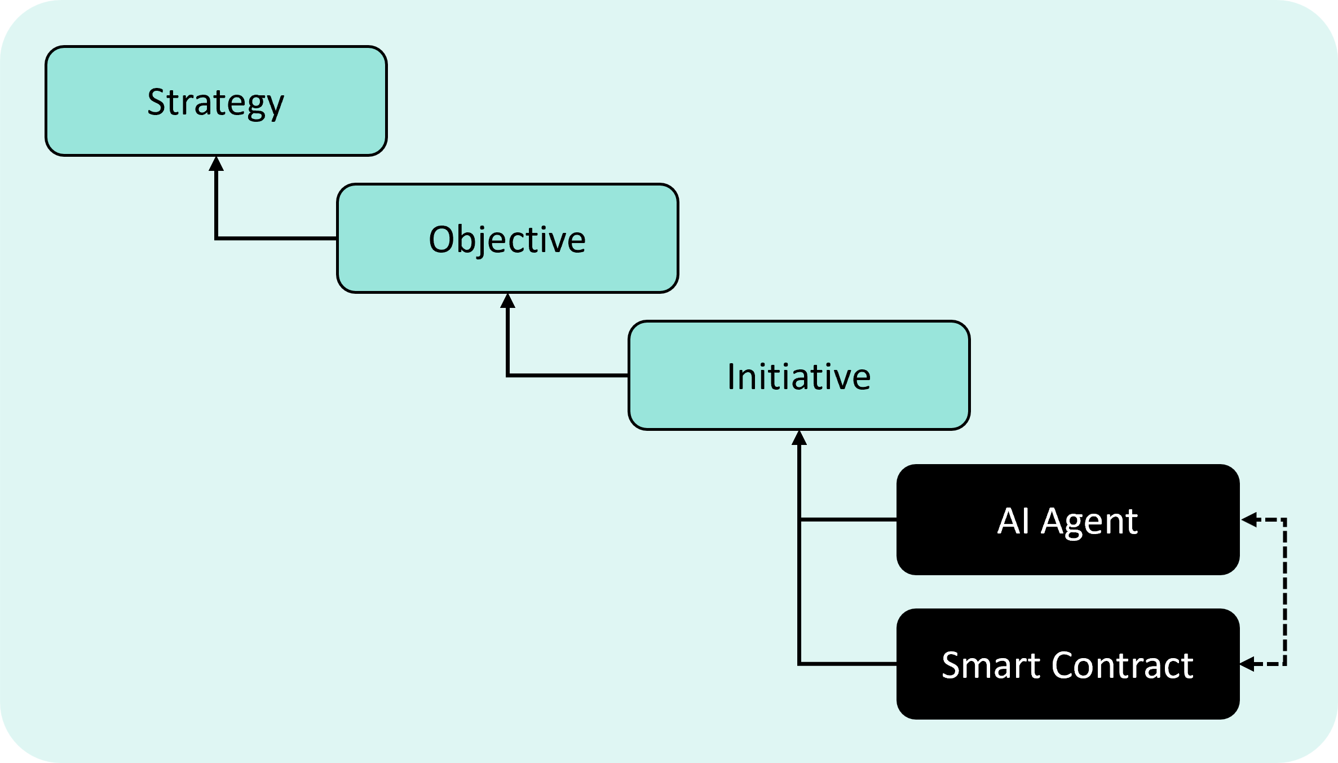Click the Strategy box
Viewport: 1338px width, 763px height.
(216, 101)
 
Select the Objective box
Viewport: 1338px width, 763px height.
(507, 238)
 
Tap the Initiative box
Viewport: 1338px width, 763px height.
(799, 376)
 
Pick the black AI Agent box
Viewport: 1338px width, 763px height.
(1068, 519)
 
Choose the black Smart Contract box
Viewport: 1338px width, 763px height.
(1068, 664)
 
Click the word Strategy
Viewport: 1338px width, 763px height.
(216, 103)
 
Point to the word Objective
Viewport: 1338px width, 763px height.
(507, 240)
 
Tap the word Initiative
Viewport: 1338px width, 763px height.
(799, 376)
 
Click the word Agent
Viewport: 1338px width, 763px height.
(1089, 522)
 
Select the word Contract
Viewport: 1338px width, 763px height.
(1123, 665)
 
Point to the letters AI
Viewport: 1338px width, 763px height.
(1014, 520)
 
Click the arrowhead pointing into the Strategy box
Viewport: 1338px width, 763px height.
(216, 164)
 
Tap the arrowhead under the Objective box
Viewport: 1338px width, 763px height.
(507, 301)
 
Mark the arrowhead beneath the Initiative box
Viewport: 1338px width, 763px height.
(799, 438)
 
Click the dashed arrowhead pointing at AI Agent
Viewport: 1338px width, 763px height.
(1248, 519)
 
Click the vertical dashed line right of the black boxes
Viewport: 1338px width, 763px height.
(1284, 592)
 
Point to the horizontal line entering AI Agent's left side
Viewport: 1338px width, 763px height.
(848, 519)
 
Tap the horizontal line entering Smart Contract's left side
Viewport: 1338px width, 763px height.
(848, 664)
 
